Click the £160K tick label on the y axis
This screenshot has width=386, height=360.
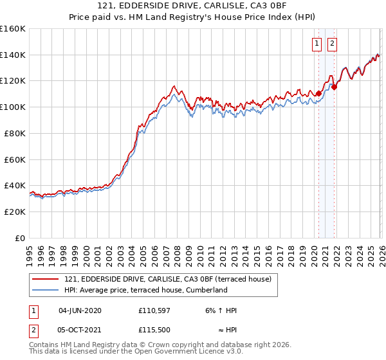pyautogui.click(x=13, y=29)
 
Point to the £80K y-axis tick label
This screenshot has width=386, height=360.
pyautogui.click(x=15, y=133)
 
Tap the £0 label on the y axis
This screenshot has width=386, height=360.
pyautogui.click(x=19, y=238)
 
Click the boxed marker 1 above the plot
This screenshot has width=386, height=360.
pyautogui.click(x=318, y=44)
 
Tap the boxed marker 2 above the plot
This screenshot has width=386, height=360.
pyautogui.click(x=333, y=44)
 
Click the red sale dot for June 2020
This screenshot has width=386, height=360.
pyautogui.click(x=318, y=93)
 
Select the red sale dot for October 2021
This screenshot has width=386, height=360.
pyautogui.click(x=334, y=87)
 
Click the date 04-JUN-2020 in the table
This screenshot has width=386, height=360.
pyautogui.click(x=80, y=310)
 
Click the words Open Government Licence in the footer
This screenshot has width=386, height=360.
pyautogui.click(x=178, y=352)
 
